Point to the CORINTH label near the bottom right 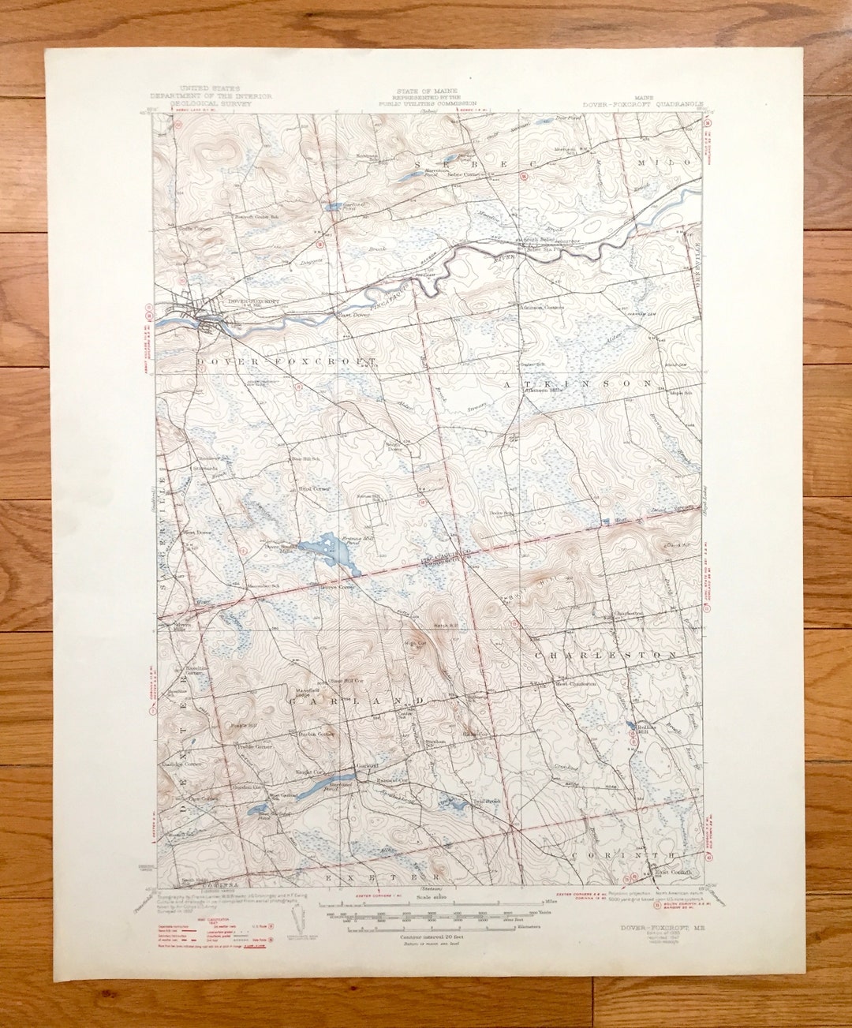pos(622,854)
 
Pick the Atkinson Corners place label pos(541,307)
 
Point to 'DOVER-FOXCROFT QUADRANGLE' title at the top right pos(642,103)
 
